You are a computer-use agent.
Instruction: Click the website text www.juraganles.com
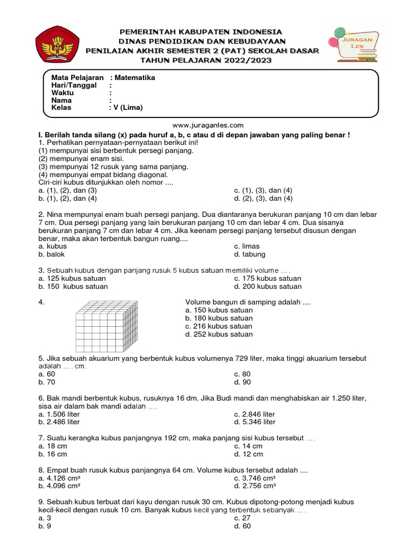[x=208, y=124]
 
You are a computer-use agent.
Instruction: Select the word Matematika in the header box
[x=135, y=78]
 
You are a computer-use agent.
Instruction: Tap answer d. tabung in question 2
[x=250, y=254]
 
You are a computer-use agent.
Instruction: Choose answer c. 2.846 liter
[x=255, y=414]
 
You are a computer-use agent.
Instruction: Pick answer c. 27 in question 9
[x=242, y=518]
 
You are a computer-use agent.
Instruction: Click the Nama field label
[x=61, y=100]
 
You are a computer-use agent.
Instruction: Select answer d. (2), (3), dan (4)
[x=263, y=199]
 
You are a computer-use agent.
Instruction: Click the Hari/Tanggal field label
[x=74, y=85]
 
